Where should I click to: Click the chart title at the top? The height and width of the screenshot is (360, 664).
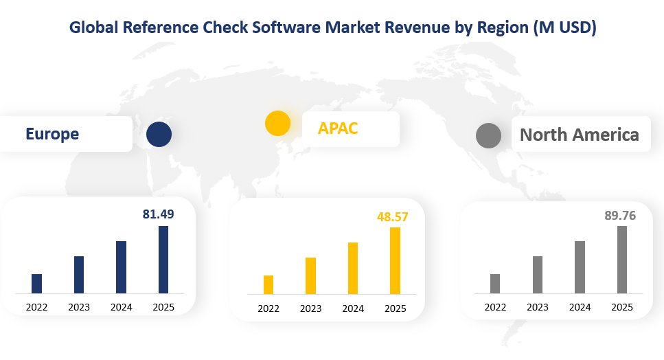(332, 28)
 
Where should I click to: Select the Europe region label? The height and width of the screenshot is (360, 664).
(52, 134)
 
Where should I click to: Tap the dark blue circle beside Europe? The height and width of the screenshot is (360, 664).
(159, 134)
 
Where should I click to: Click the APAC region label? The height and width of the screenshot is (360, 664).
(338, 128)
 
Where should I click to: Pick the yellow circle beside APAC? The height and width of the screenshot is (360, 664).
(277, 123)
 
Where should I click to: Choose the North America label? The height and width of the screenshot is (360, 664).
(580, 134)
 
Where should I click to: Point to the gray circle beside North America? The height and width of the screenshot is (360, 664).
(488, 135)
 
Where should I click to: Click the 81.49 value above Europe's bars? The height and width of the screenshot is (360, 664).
(158, 214)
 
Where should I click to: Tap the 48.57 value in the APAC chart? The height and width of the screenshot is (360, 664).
(393, 216)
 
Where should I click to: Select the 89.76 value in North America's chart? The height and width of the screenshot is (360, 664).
(620, 216)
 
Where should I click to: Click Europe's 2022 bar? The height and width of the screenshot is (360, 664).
(37, 284)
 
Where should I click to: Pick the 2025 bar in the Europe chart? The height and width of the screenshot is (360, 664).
(163, 260)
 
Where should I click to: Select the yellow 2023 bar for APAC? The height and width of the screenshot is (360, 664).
(311, 276)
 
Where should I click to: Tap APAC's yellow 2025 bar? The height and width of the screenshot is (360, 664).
(396, 261)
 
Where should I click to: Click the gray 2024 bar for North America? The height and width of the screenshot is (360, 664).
(580, 267)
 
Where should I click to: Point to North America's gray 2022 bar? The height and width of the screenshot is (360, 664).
(495, 284)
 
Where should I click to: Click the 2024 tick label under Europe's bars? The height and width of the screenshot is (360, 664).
(122, 307)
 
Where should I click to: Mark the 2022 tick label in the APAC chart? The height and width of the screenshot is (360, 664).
(268, 308)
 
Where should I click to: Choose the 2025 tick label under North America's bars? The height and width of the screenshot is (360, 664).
(622, 307)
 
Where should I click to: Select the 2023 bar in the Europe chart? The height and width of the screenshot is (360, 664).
(79, 275)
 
